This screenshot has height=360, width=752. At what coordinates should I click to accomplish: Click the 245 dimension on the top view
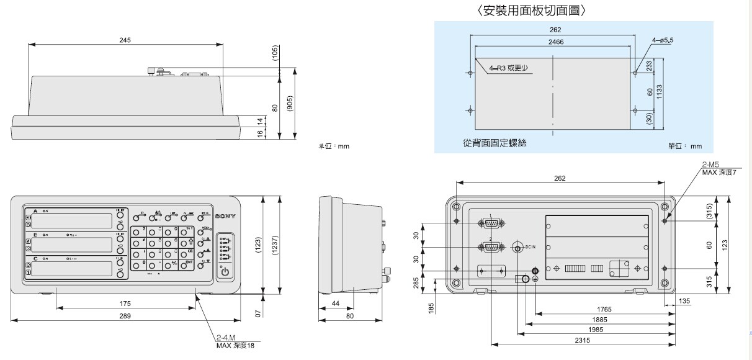click(x=125, y=40)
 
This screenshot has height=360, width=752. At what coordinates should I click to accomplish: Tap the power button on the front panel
click(x=225, y=272)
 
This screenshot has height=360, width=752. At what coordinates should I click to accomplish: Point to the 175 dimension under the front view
click(x=125, y=303)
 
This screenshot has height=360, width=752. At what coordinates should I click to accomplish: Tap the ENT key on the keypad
click(x=189, y=266)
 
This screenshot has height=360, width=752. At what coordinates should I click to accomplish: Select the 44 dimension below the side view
click(x=334, y=303)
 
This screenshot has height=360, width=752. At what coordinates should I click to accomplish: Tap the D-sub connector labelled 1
click(x=490, y=223)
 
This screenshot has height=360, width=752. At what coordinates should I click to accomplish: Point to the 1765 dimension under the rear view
click(x=604, y=308)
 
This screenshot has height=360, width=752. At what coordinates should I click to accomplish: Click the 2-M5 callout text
click(x=711, y=165)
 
